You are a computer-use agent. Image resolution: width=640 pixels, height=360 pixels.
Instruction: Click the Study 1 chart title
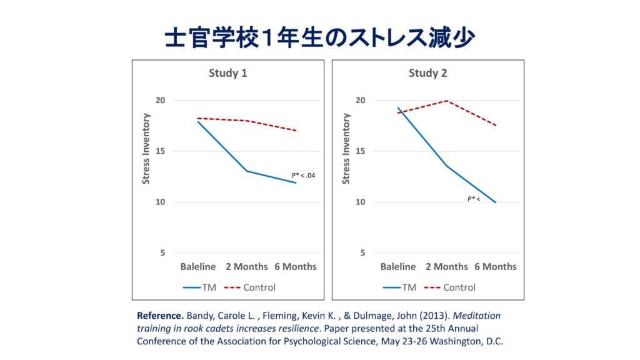(x=227, y=73)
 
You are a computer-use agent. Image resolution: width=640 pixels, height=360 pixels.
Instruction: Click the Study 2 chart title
(x=427, y=73)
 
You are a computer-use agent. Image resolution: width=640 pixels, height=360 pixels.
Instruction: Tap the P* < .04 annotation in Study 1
(x=303, y=176)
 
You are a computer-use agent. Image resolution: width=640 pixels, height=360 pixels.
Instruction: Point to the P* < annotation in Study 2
(x=474, y=199)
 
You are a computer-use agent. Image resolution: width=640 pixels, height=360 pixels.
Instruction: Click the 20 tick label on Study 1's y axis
(x=160, y=101)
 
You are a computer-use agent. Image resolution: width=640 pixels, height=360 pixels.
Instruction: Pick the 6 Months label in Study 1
(x=296, y=266)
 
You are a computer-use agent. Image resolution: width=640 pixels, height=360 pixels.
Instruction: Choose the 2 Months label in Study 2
(x=446, y=266)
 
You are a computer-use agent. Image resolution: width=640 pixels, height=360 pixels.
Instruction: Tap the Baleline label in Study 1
(x=198, y=266)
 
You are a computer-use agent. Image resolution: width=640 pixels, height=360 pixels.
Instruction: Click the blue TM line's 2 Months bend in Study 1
(x=246, y=171)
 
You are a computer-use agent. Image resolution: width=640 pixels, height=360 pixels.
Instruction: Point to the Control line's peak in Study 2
(x=446, y=101)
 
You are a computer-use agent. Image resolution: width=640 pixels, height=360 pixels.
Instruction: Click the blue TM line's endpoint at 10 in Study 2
(x=496, y=202)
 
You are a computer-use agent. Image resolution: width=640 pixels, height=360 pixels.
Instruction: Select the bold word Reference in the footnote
(x=161, y=316)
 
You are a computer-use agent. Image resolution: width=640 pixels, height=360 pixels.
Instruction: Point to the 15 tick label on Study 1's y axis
(x=160, y=151)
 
